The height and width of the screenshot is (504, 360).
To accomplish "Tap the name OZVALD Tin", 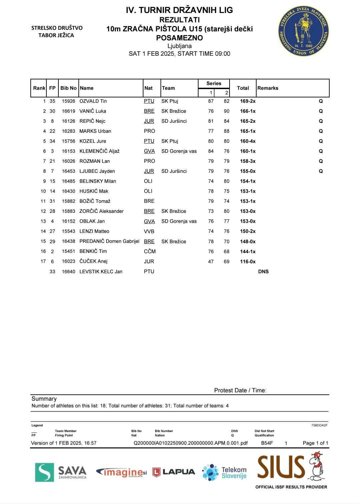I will coord(93,101).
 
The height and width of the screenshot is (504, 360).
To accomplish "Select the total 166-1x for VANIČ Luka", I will coord(248,111).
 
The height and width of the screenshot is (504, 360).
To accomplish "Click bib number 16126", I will coord(68,121).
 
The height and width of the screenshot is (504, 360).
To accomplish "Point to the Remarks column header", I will coord(268,88).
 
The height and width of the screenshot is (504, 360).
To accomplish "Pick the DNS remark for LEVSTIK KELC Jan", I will coord(263,272).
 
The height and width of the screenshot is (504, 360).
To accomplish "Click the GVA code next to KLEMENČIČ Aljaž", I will coord(149,151).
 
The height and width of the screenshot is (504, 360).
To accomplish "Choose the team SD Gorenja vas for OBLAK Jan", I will coord(179,221).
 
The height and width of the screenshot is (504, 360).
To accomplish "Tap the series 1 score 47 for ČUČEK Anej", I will coord(211,262).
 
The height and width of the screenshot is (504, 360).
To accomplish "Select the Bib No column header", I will coord(68,88).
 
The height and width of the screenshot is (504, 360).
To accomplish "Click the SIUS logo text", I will coord(281,467).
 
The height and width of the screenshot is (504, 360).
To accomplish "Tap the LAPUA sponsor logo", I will coord(174,472).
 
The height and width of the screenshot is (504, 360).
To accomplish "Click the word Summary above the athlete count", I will coord(44,399).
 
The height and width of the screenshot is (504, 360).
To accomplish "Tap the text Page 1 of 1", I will coord(315,443).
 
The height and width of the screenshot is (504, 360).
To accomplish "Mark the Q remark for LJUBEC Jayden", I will coord(321,171).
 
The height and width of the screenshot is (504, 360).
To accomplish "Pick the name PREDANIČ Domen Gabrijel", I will coord(109,241).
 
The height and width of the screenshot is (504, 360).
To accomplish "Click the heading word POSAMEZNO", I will coord(179,38).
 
